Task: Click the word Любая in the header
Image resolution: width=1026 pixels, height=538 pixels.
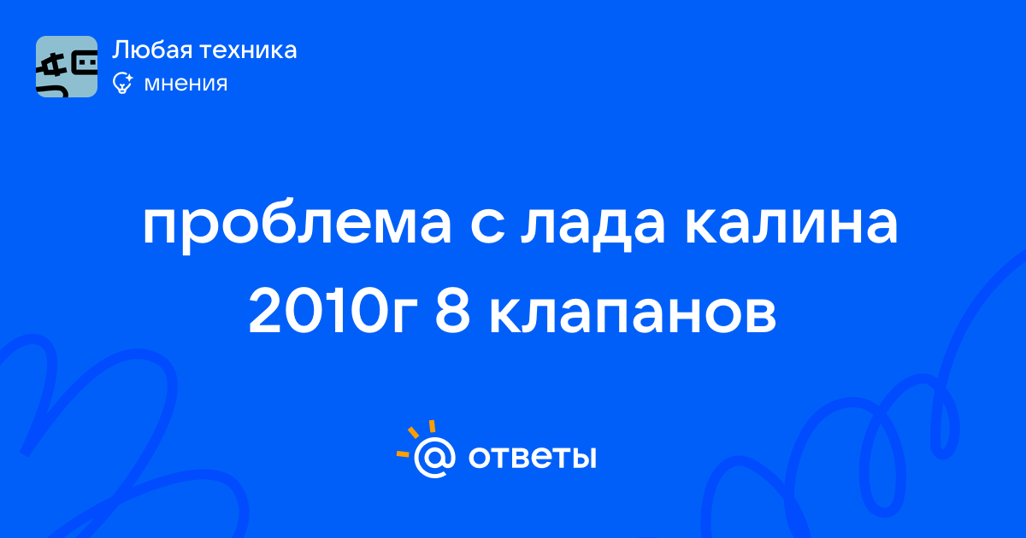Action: pyautogui.click(x=152, y=50)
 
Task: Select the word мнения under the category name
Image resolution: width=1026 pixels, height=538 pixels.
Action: pyautogui.click(x=186, y=84)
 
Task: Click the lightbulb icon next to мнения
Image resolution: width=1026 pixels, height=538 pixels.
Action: pyautogui.click(x=122, y=83)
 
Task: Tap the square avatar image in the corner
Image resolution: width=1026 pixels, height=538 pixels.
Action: pyautogui.click(x=67, y=67)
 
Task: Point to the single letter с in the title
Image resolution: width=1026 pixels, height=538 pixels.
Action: pyautogui.click(x=487, y=225)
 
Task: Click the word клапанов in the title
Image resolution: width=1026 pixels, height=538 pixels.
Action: pyautogui.click(x=633, y=316)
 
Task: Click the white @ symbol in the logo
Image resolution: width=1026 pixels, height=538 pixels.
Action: pyautogui.click(x=434, y=457)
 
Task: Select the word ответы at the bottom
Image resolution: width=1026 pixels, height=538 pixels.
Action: pyautogui.click(x=532, y=457)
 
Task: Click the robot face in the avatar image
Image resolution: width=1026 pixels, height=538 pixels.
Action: pyautogui.click(x=85, y=65)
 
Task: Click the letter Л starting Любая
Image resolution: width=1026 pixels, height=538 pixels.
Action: pyautogui.click(x=121, y=50)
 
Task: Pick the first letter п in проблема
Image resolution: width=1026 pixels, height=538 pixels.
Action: pyautogui.click(x=161, y=225)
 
